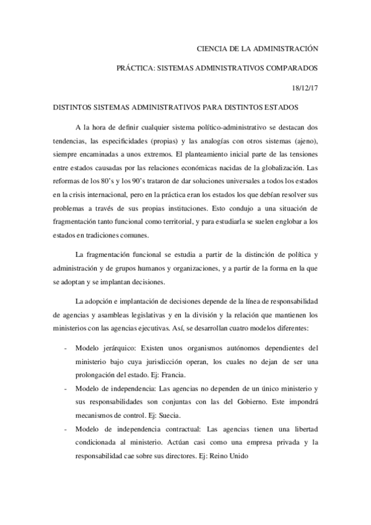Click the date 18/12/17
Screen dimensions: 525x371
[x=305, y=87]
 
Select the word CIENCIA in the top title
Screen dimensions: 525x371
[x=212, y=47]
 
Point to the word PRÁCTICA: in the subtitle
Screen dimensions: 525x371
[x=136, y=67]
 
